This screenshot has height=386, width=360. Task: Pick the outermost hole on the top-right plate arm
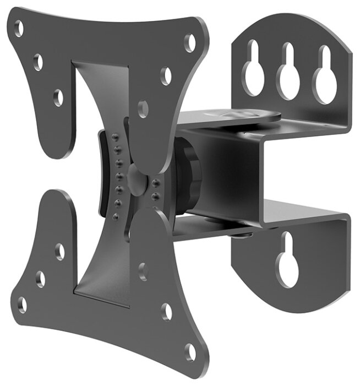click(189, 43)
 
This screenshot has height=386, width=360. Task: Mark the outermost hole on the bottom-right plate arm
click(189, 351)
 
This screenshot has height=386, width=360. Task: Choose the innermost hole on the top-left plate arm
click(58, 97)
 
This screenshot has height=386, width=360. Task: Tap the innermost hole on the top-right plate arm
click(143, 108)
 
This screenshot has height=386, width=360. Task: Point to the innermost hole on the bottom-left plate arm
click(59, 251)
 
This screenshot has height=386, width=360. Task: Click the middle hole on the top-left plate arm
click(38, 62)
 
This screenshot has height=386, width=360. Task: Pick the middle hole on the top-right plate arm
click(166, 75)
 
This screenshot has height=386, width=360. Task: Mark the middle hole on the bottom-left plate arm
click(40, 278)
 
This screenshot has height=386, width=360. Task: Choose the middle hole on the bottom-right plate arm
click(166, 311)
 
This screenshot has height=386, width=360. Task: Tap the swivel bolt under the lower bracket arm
click(242, 236)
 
